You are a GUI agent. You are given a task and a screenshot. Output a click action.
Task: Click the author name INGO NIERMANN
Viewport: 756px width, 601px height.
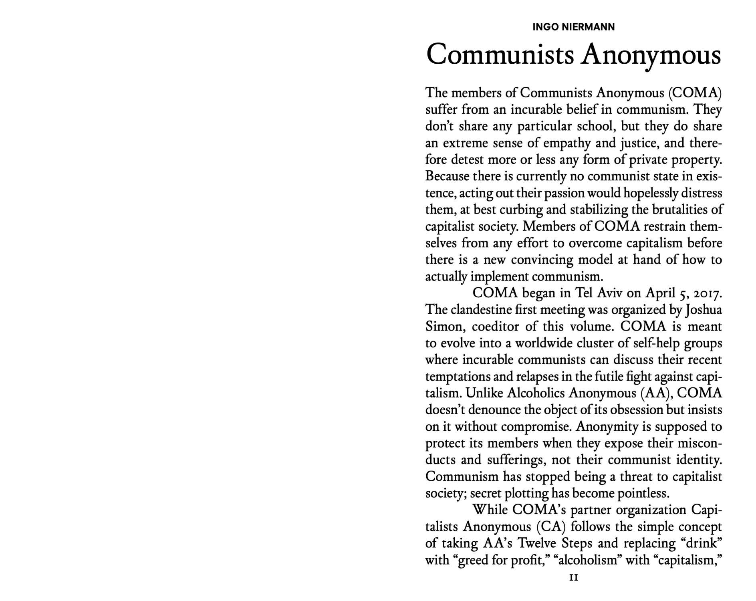[x=573, y=27]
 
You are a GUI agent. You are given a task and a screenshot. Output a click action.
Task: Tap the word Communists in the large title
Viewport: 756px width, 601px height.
[x=500, y=54]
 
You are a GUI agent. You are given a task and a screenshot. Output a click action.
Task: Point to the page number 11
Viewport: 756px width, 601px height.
[x=573, y=578]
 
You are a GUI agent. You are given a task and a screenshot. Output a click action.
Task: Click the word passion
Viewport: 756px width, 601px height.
[x=565, y=193]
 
